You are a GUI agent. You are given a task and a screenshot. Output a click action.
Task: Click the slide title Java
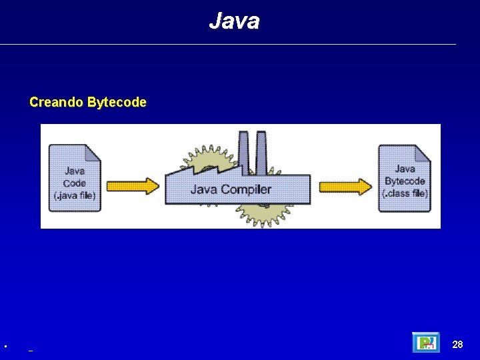[x=234, y=21]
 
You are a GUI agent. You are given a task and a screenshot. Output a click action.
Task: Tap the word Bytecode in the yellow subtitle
[x=117, y=103]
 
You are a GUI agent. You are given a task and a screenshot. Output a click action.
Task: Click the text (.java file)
[x=75, y=195]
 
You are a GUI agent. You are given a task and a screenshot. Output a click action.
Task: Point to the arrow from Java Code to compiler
[x=133, y=185]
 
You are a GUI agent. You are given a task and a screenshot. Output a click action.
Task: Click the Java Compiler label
[x=231, y=189]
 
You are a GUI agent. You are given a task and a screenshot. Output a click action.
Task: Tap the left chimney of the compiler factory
[x=243, y=150]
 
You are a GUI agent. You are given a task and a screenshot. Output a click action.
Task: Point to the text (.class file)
[x=405, y=194]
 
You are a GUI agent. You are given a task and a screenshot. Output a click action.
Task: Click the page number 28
[x=457, y=345]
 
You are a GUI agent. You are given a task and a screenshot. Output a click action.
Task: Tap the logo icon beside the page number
[x=425, y=343]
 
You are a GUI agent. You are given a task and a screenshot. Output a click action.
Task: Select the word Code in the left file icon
[x=75, y=183]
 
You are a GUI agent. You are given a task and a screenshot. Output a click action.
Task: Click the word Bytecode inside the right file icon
[x=405, y=181]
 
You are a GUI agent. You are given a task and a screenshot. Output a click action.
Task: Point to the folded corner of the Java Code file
[x=93, y=153]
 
